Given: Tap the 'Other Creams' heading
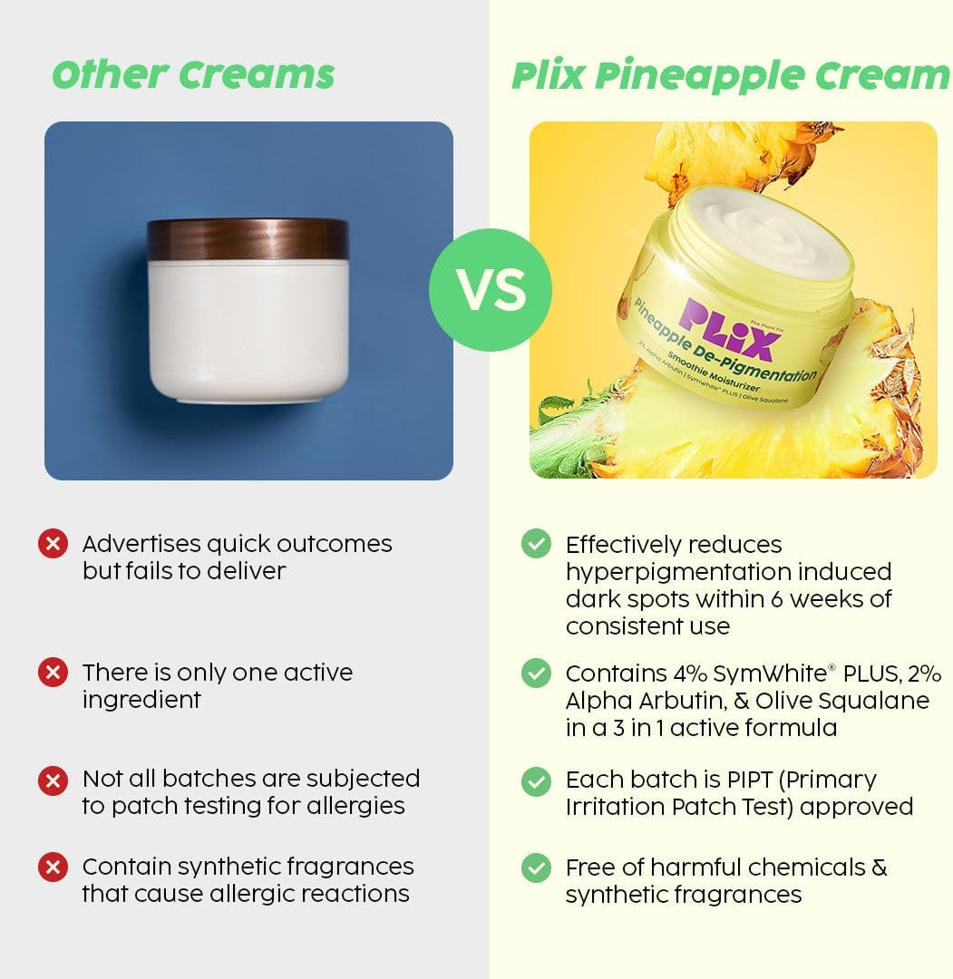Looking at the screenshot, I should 193,74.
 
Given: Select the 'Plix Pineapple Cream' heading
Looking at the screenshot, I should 730,76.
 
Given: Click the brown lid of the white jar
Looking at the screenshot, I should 248,238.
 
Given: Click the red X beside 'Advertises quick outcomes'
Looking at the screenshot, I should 53,544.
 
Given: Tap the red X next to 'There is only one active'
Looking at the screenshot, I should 53,673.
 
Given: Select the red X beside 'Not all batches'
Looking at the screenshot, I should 53,779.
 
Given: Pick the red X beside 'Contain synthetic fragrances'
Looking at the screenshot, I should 53,868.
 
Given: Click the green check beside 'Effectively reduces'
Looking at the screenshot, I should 536,544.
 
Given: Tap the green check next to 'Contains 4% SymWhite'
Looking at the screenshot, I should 536,673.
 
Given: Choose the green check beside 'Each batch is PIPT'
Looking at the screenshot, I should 536,780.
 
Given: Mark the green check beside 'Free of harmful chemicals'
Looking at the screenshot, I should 536,868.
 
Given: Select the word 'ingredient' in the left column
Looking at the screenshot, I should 141,700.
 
